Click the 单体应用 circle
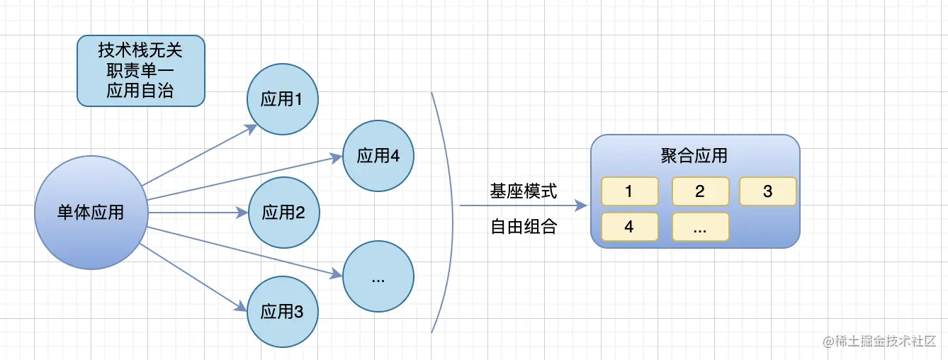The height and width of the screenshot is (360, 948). coord(91,212)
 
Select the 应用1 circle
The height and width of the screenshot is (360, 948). coord(282,99)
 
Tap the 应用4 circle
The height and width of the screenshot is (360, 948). coord(378,156)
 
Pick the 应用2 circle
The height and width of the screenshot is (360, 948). coord(282,212)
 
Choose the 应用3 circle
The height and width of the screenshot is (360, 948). coord(282,311)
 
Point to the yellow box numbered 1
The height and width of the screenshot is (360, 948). coord(629,191)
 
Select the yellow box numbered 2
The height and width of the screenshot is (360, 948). coord(700,191)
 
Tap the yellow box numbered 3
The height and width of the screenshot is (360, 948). coord(767,191)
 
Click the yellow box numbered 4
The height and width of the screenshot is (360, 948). coord(629,227)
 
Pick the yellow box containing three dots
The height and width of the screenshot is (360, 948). coord(700,227)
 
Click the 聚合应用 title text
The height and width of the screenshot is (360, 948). coord(694,156)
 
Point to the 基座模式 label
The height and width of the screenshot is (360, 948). coord(524,191)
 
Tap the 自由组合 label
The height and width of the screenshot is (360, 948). coord(524,227)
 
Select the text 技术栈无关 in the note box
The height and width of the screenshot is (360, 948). coord(140,52)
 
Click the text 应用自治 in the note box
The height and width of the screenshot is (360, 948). coord(140,90)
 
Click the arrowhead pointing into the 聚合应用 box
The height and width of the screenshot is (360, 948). coord(582,206)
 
